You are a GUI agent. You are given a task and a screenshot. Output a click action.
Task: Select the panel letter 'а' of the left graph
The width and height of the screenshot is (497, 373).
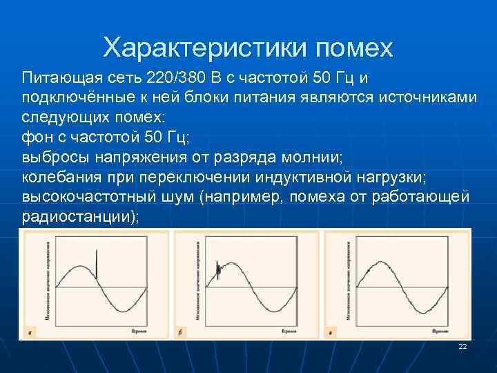pyautogui.click(x=30, y=333)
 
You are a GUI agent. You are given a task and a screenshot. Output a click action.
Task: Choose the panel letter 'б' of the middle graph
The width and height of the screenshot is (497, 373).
pyautogui.click(x=180, y=333)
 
